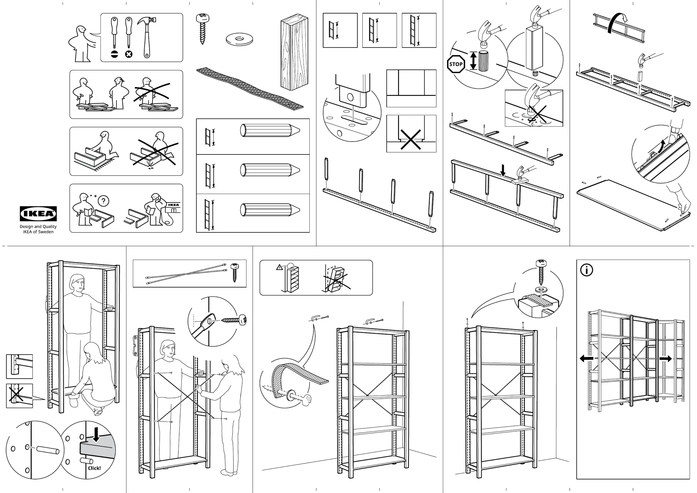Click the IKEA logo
click(x=38, y=213)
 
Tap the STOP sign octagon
click(x=456, y=64)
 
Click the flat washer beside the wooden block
click(x=239, y=39)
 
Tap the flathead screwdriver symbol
click(x=114, y=54)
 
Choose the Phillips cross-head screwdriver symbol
click(x=129, y=54)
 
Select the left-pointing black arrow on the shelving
click(x=586, y=358)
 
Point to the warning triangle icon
click(x=279, y=267)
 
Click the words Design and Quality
click(x=38, y=227)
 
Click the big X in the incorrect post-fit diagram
click(x=411, y=139)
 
